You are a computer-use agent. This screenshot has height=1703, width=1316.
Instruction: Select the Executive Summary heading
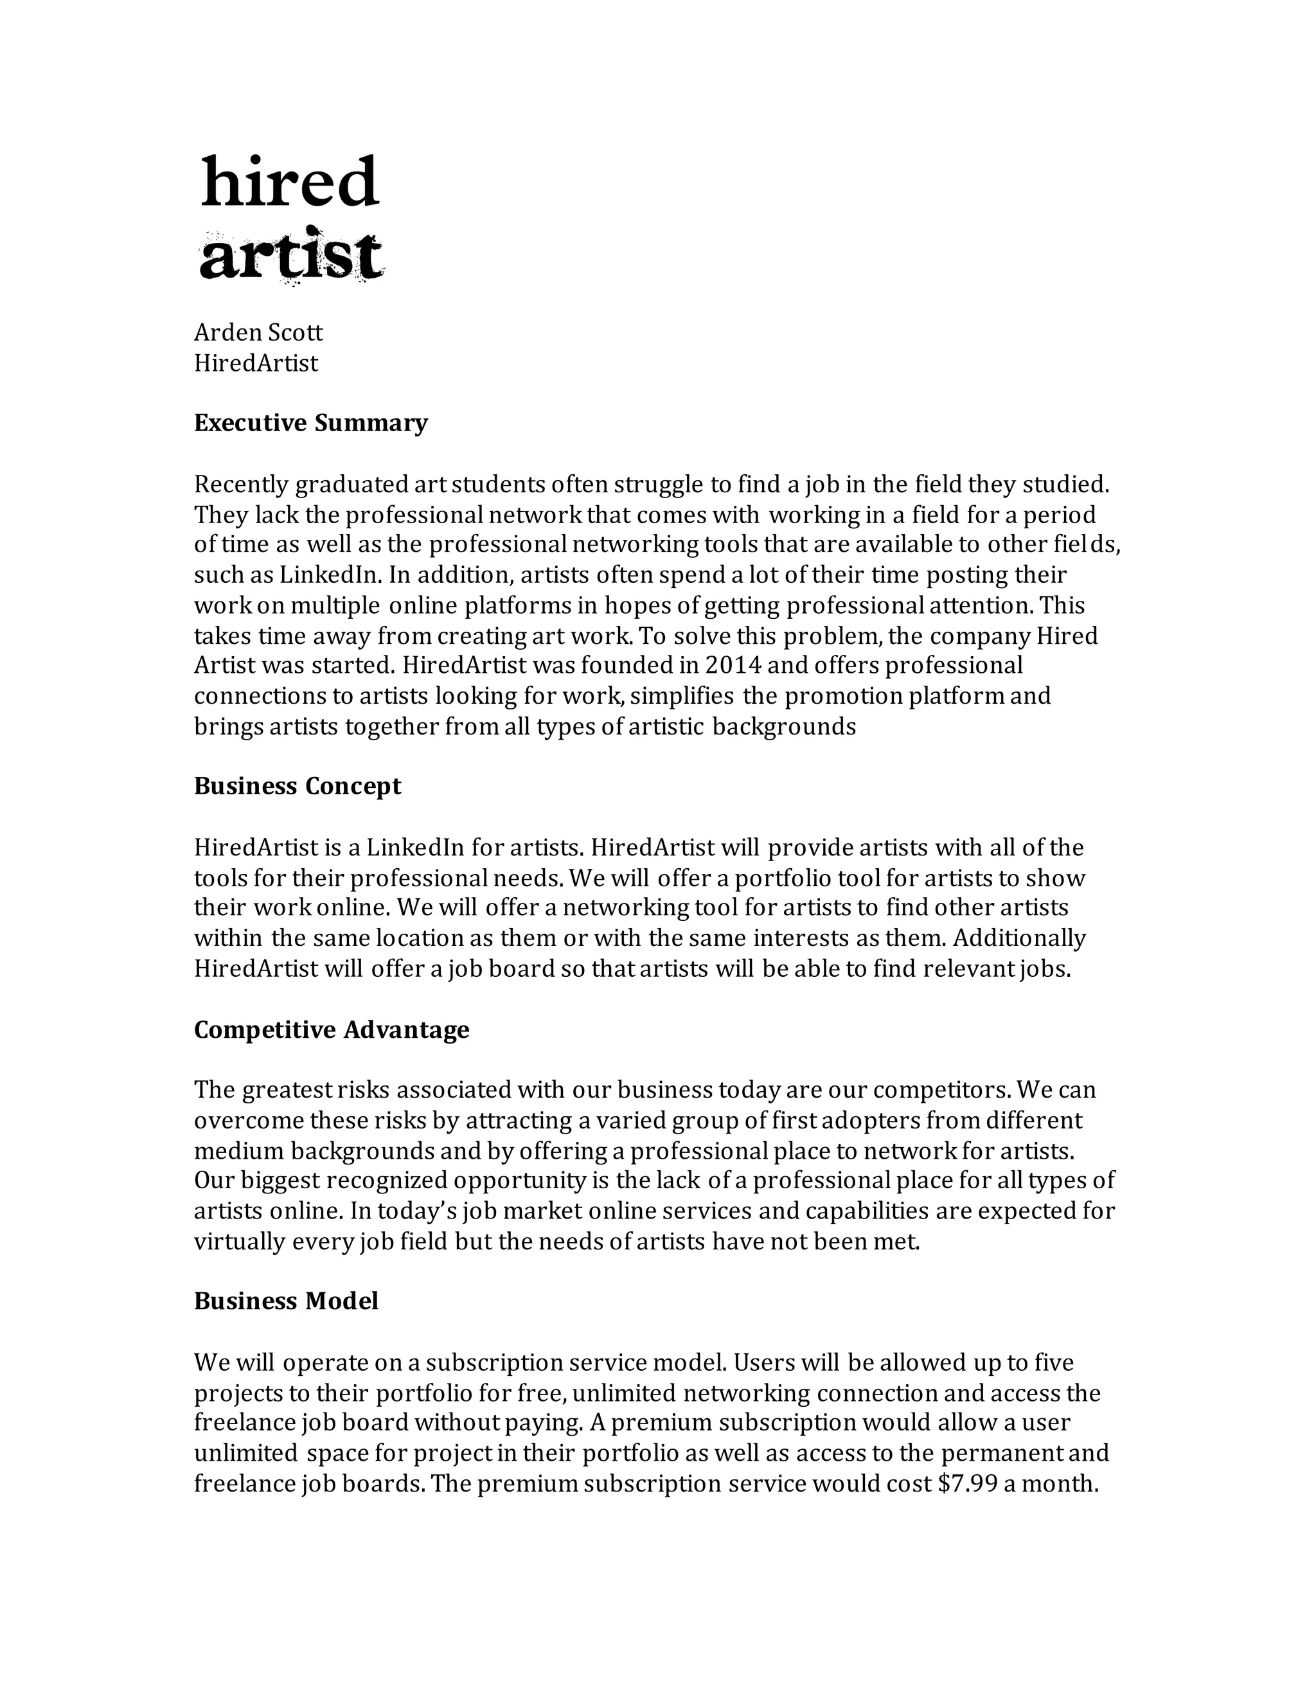coord(310,423)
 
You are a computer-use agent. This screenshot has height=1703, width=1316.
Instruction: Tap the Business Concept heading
coord(297,786)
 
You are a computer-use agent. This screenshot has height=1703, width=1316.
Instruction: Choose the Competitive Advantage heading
coord(332,1030)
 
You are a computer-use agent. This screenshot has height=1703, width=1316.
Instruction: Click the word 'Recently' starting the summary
coord(241,485)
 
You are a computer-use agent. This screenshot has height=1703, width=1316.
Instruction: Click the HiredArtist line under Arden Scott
coord(256,363)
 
